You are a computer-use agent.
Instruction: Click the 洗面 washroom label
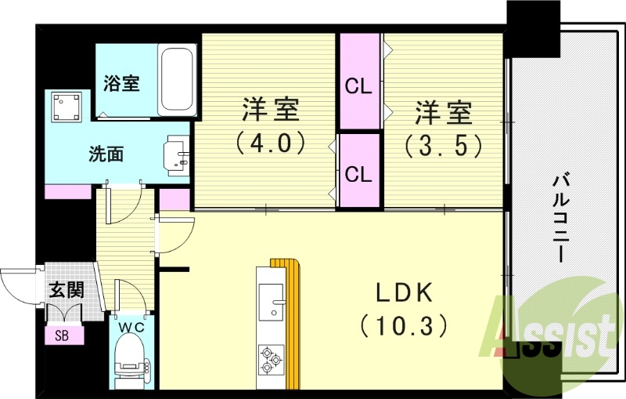(x=105, y=154)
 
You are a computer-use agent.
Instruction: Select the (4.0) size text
(x=269, y=144)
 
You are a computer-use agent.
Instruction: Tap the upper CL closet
(x=359, y=85)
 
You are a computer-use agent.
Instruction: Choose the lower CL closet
(x=359, y=173)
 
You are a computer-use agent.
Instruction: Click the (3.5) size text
(x=443, y=144)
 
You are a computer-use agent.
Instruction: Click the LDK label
(x=404, y=292)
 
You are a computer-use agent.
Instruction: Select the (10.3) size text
(x=404, y=323)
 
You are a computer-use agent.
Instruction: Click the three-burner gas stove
(x=270, y=358)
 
